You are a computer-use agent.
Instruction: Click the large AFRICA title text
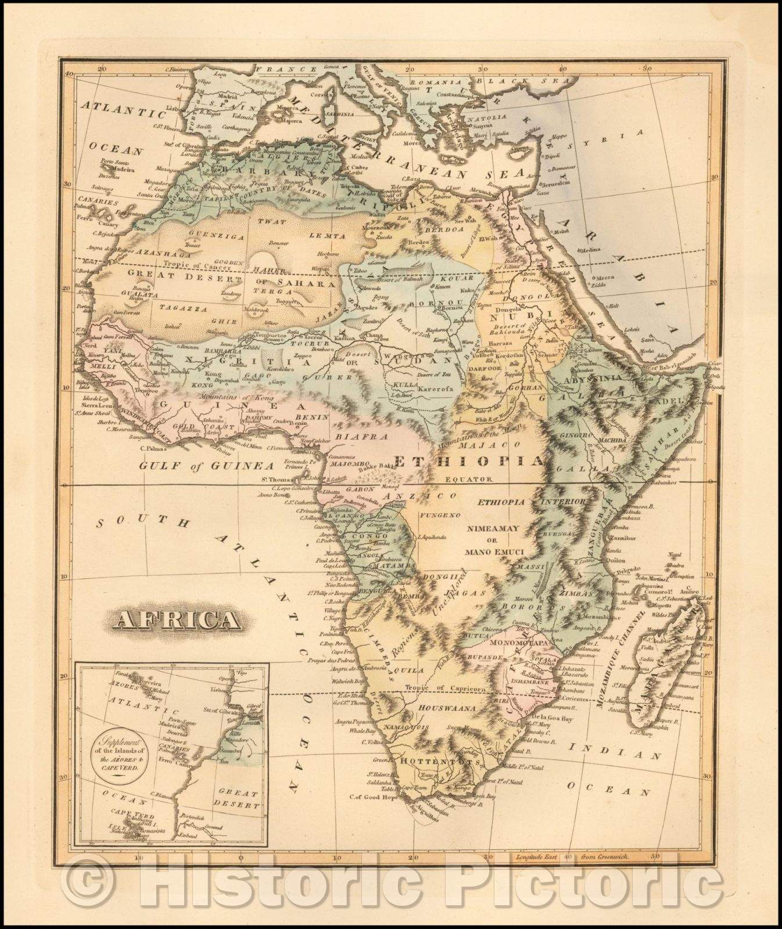click(x=178, y=621)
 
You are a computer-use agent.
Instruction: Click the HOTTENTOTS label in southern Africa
click(x=427, y=761)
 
